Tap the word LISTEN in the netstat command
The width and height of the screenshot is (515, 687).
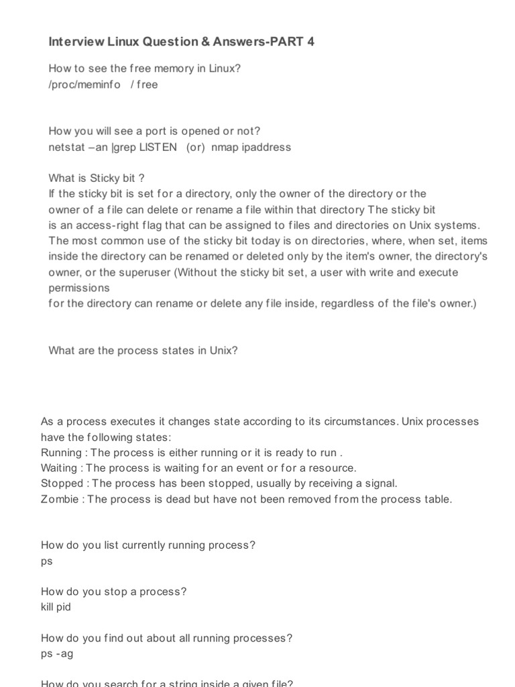[x=158, y=147]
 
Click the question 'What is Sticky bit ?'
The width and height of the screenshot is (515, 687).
[x=97, y=178]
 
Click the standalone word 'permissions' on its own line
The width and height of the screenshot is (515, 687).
[x=79, y=287]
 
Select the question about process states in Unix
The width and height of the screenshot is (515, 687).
[x=143, y=350]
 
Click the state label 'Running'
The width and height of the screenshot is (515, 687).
[x=61, y=452]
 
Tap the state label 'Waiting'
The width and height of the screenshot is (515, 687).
[x=59, y=468]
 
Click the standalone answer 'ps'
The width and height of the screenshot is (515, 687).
[x=47, y=561]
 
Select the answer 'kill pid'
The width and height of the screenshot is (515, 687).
[x=56, y=607]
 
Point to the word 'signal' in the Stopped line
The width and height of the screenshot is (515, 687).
[x=380, y=483]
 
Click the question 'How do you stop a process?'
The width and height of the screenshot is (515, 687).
[x=114, y=591]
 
